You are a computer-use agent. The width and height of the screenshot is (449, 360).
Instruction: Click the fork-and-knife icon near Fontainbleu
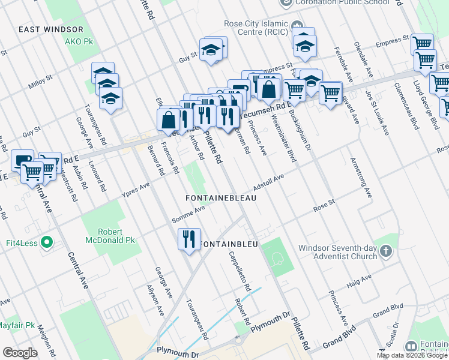pyautogui.click(x=190, y=239)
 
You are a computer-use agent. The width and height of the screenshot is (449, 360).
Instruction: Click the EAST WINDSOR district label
pyautogui.click(x=50, y=29)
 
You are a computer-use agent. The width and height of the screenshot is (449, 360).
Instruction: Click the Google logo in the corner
pyautogui.click(x=19, y=353)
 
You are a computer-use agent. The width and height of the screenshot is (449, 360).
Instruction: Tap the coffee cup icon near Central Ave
pyautogui.click(x=23, y=160)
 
